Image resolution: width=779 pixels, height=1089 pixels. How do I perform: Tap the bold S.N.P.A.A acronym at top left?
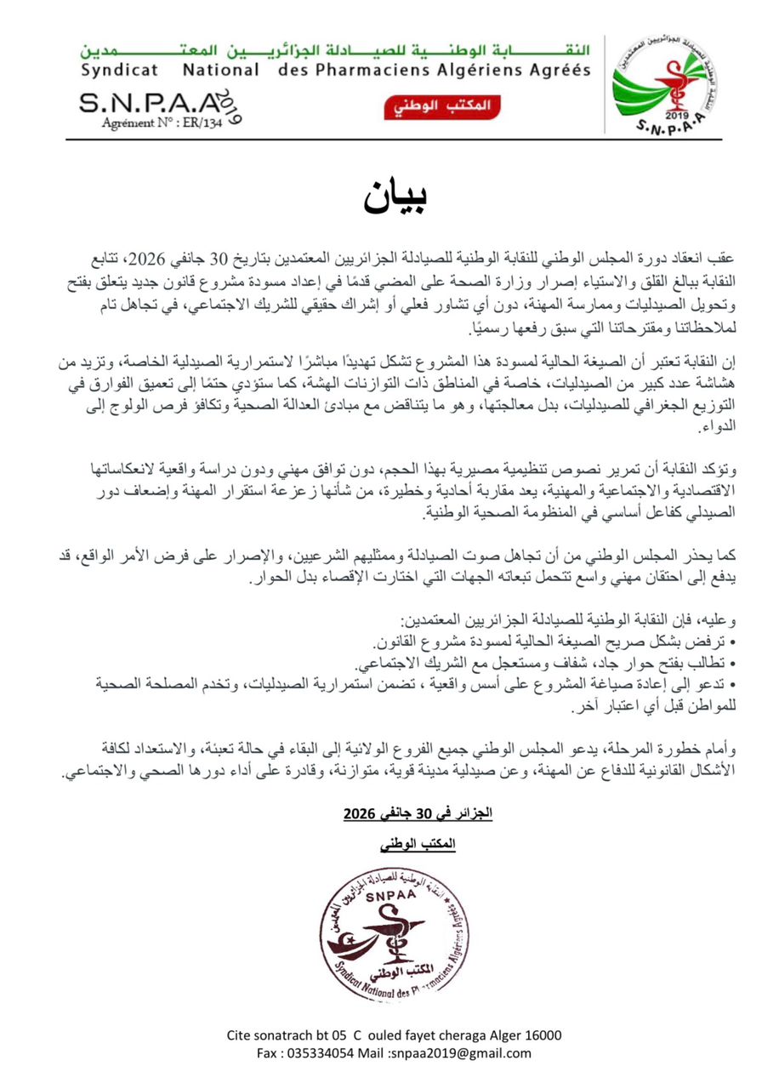[x=139, y=104]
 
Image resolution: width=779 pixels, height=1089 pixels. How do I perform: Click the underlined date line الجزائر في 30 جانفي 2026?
[x=418, y=814]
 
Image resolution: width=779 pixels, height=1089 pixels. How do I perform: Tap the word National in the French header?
[x=220, y=70]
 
